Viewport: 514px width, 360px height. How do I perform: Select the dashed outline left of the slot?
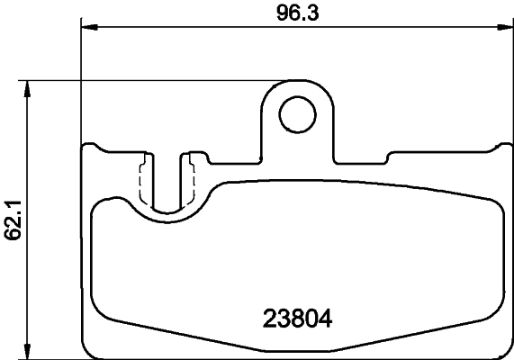coord(142,180)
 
